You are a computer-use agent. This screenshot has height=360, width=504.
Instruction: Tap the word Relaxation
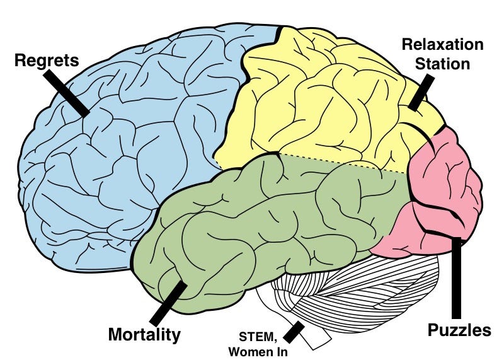click(442, 45)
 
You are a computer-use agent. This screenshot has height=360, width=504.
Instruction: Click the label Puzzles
click(459, 330)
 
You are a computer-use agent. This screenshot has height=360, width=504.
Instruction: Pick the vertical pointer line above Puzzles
click(457, 277)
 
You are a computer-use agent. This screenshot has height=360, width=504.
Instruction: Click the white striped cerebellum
click(353, 290)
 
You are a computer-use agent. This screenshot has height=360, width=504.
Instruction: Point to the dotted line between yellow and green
click(340, 162)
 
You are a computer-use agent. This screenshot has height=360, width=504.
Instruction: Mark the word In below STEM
click(279, 352)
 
